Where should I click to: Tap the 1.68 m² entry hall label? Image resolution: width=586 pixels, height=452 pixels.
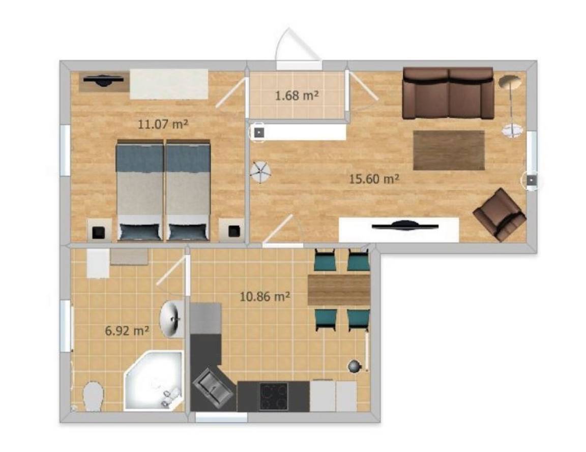click(x=297, y=95)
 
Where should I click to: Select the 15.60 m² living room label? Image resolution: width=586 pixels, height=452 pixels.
click(x=374, y=179)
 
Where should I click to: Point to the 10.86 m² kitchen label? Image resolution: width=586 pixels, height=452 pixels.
click(x=265, y=297)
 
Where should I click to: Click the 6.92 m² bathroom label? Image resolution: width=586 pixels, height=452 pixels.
click(x=127, y=330)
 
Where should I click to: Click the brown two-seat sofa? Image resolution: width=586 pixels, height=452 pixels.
click(x=448, y=93)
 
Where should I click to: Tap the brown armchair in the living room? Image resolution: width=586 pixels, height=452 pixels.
click(x=500, y=214)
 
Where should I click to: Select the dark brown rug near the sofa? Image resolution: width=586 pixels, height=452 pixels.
click(x=449, y=150)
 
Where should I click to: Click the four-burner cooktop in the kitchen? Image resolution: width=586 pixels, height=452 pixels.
click(x=274, y=396)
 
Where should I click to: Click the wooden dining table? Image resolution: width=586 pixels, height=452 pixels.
click(x=339, y=290)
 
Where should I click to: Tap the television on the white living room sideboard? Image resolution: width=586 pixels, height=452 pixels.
click(x=405, y=225)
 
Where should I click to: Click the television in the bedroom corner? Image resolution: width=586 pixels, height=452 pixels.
click(x=103, y=80)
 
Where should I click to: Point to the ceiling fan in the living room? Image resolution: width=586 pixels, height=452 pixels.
click(x=260, y=172)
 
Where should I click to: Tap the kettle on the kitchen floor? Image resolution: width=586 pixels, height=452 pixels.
click(x=354, y=366)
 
